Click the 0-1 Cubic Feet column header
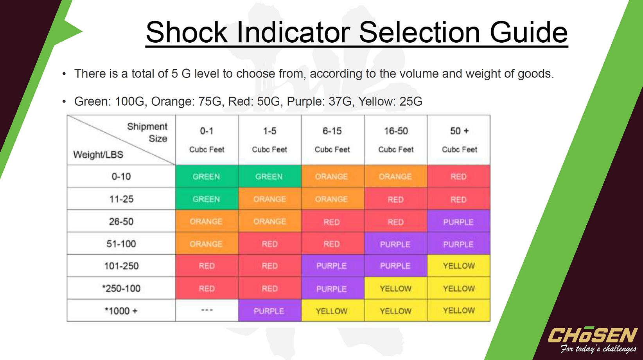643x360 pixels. pos(207,140)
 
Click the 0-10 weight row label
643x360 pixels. pos(121,176)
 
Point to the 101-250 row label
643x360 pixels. pos(121,266)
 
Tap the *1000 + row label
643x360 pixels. pos(121,311)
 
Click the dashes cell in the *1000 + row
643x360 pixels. pos(207,310)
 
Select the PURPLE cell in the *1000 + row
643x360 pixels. pos(269,310)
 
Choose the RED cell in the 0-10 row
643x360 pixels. pos(459,176)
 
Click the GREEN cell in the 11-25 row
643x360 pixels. pos(207,199)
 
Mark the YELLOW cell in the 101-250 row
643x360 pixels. pos(459,266)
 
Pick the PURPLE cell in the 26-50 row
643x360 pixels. pos(459,221)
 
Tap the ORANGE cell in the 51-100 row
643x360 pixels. pos(207,243)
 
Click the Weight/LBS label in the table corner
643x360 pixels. pos(98,155)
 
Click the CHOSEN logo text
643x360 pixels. pos(592,335)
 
